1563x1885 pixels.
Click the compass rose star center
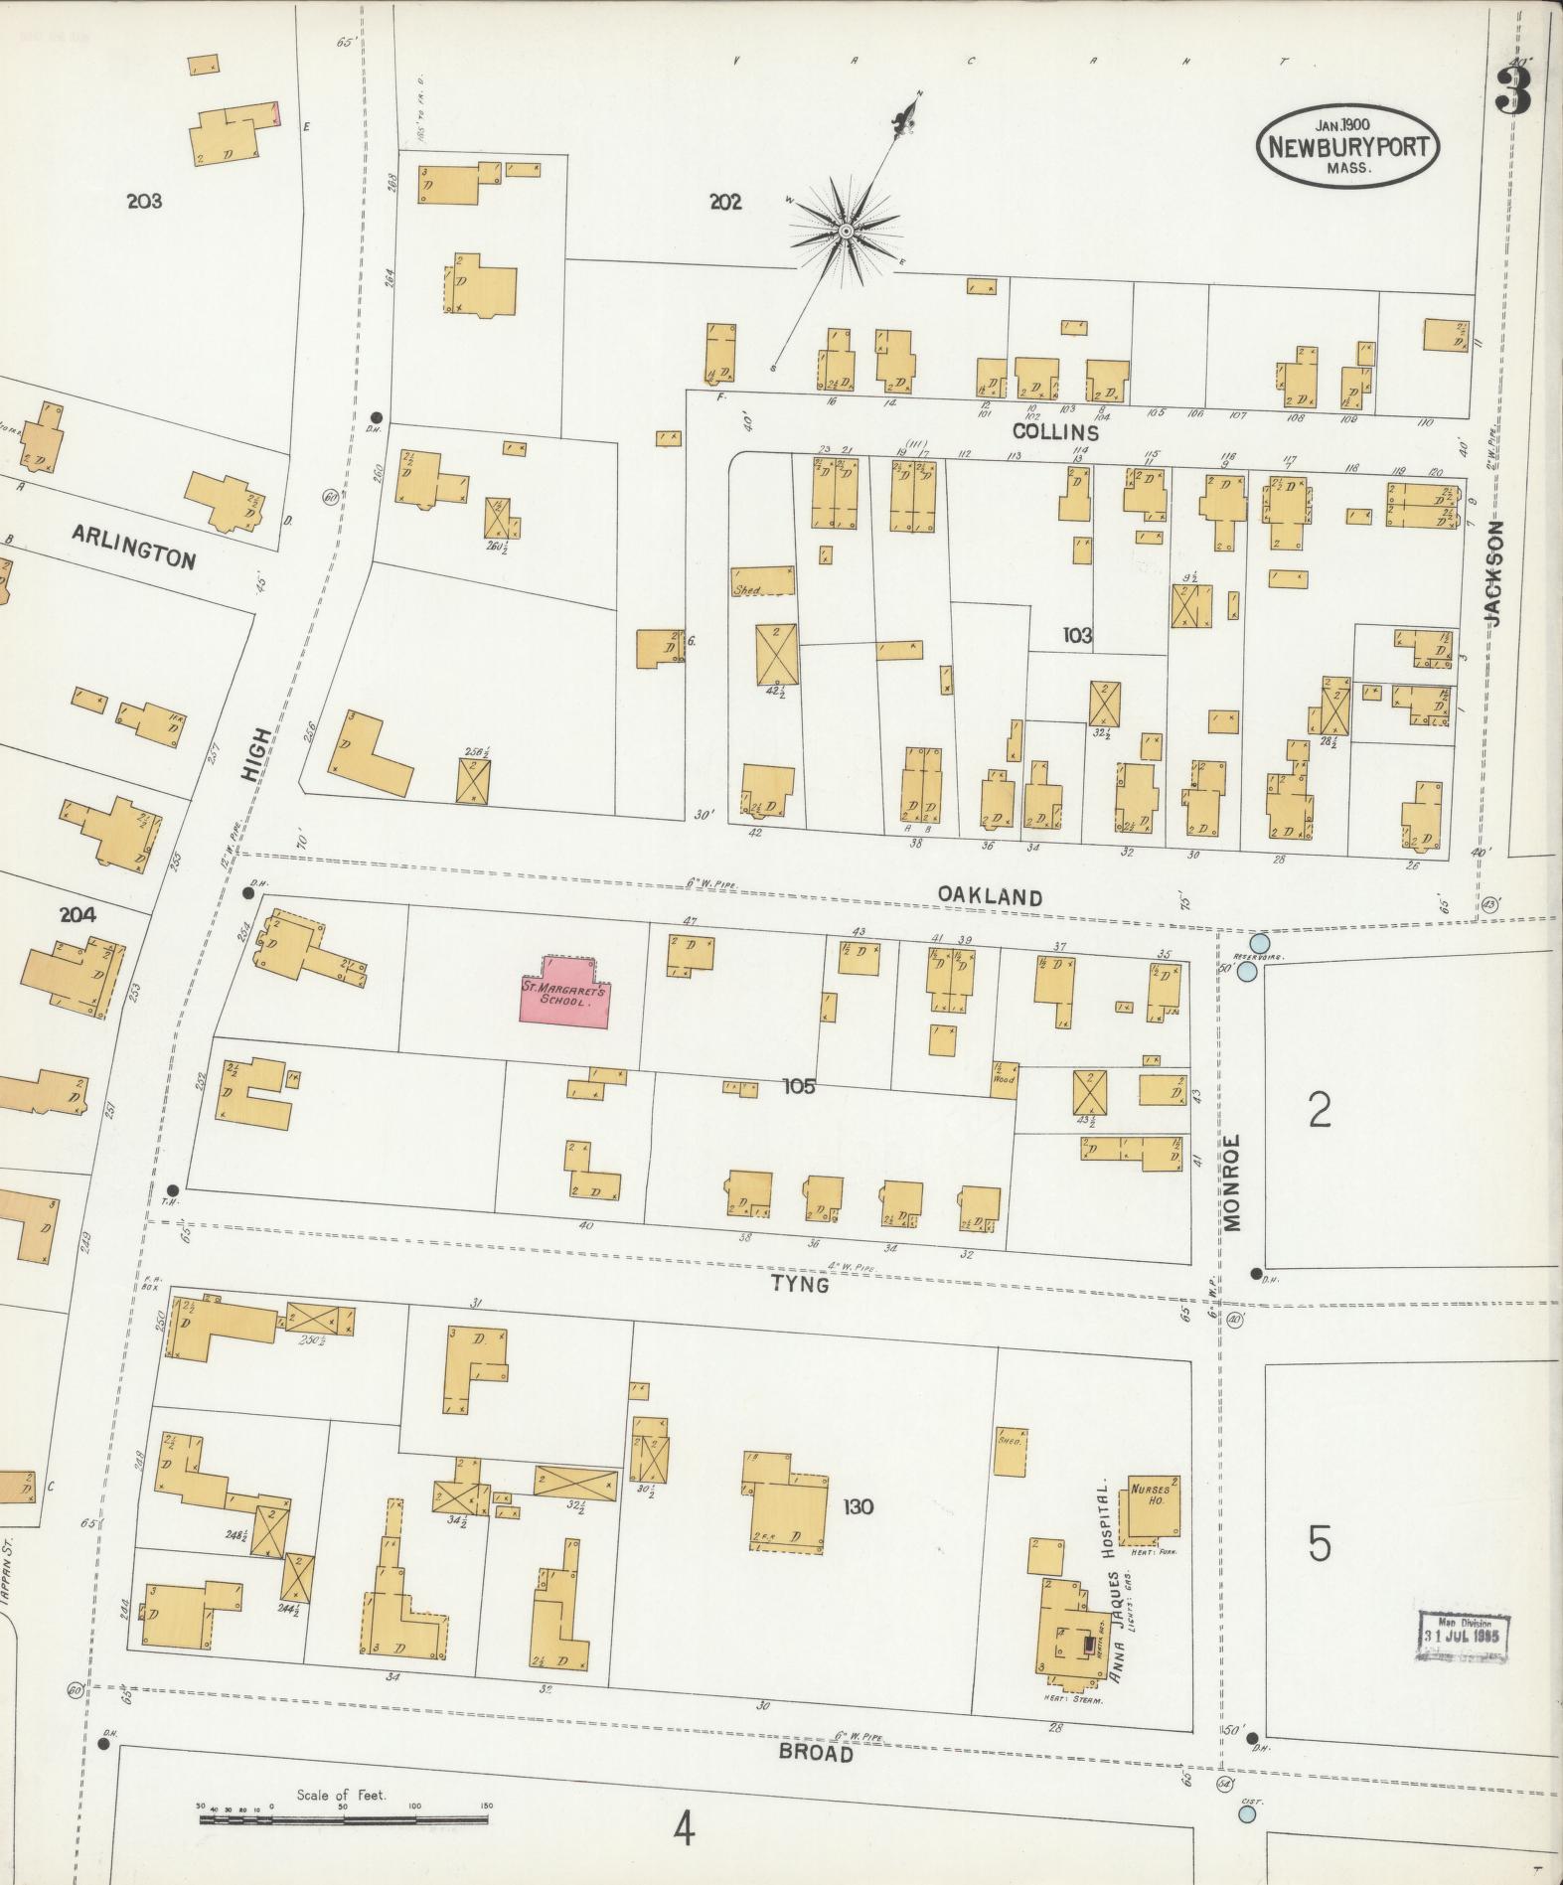tap(845, 232)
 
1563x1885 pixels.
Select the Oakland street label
tap(990, 896)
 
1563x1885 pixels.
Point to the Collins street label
tap(1055, 433)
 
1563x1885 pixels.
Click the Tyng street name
tap(800, 1285)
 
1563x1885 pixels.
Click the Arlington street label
tap(133, 547)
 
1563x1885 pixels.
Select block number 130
tap(858, 1507)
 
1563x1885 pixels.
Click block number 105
tap(798, 1087)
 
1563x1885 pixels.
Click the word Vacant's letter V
tap(736, 62)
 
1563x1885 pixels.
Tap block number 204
tap(78, 914)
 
